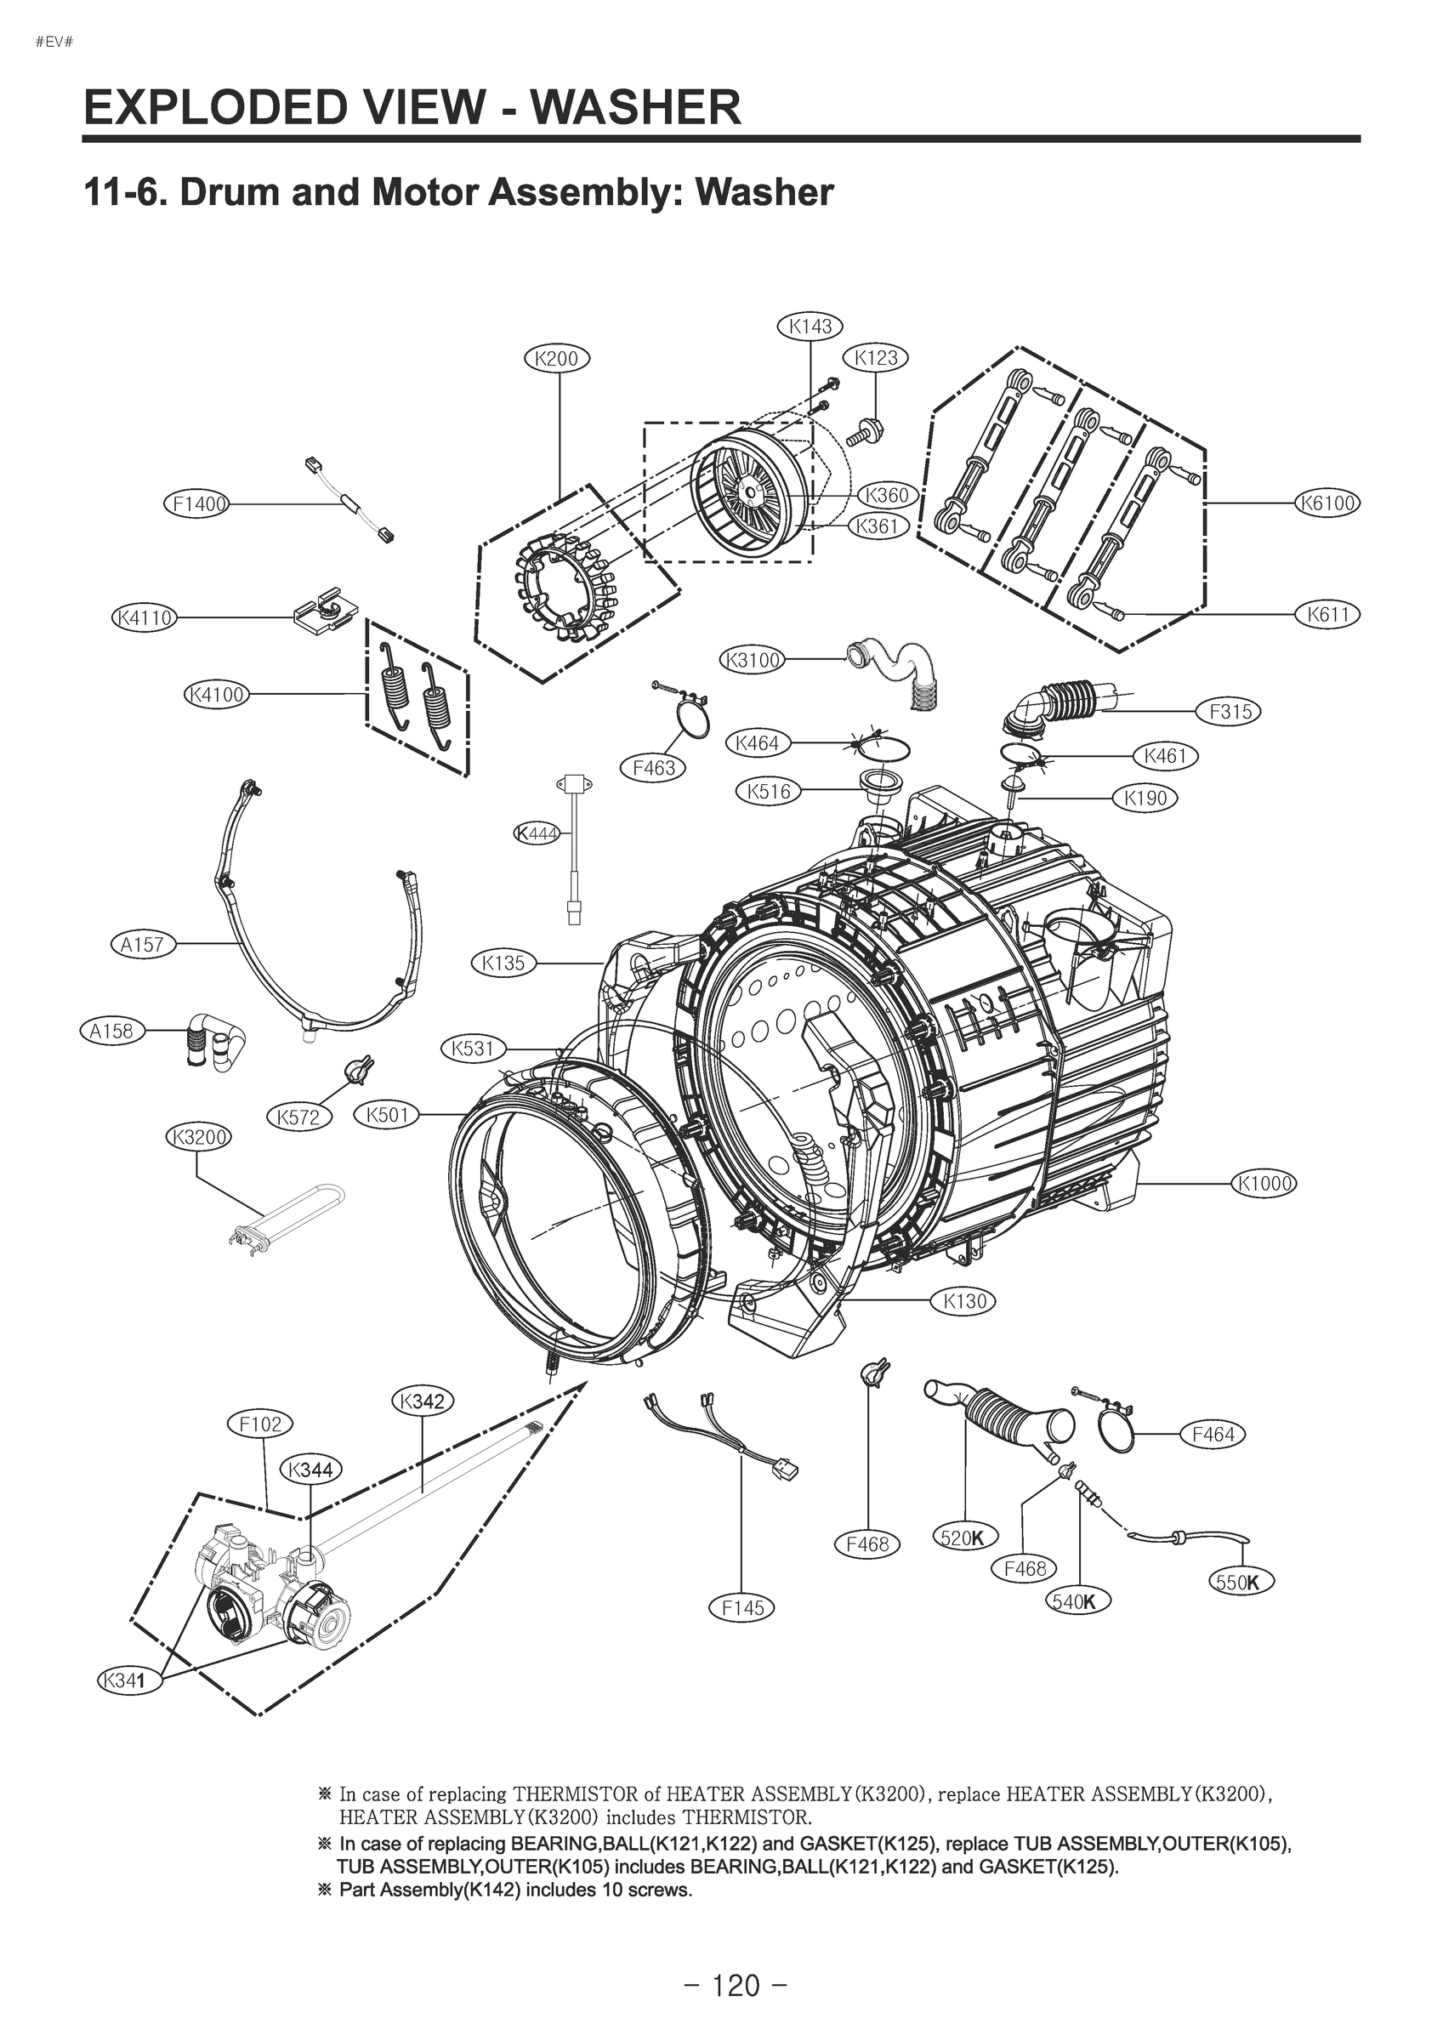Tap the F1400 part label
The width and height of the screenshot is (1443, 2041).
[196, 505]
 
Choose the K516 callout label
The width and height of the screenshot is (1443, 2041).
[769, 790]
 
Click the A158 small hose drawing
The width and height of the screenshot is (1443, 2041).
[215, 1038]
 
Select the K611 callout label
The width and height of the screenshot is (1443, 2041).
[1327, 614]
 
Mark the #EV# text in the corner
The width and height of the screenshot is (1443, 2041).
[54, 42]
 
